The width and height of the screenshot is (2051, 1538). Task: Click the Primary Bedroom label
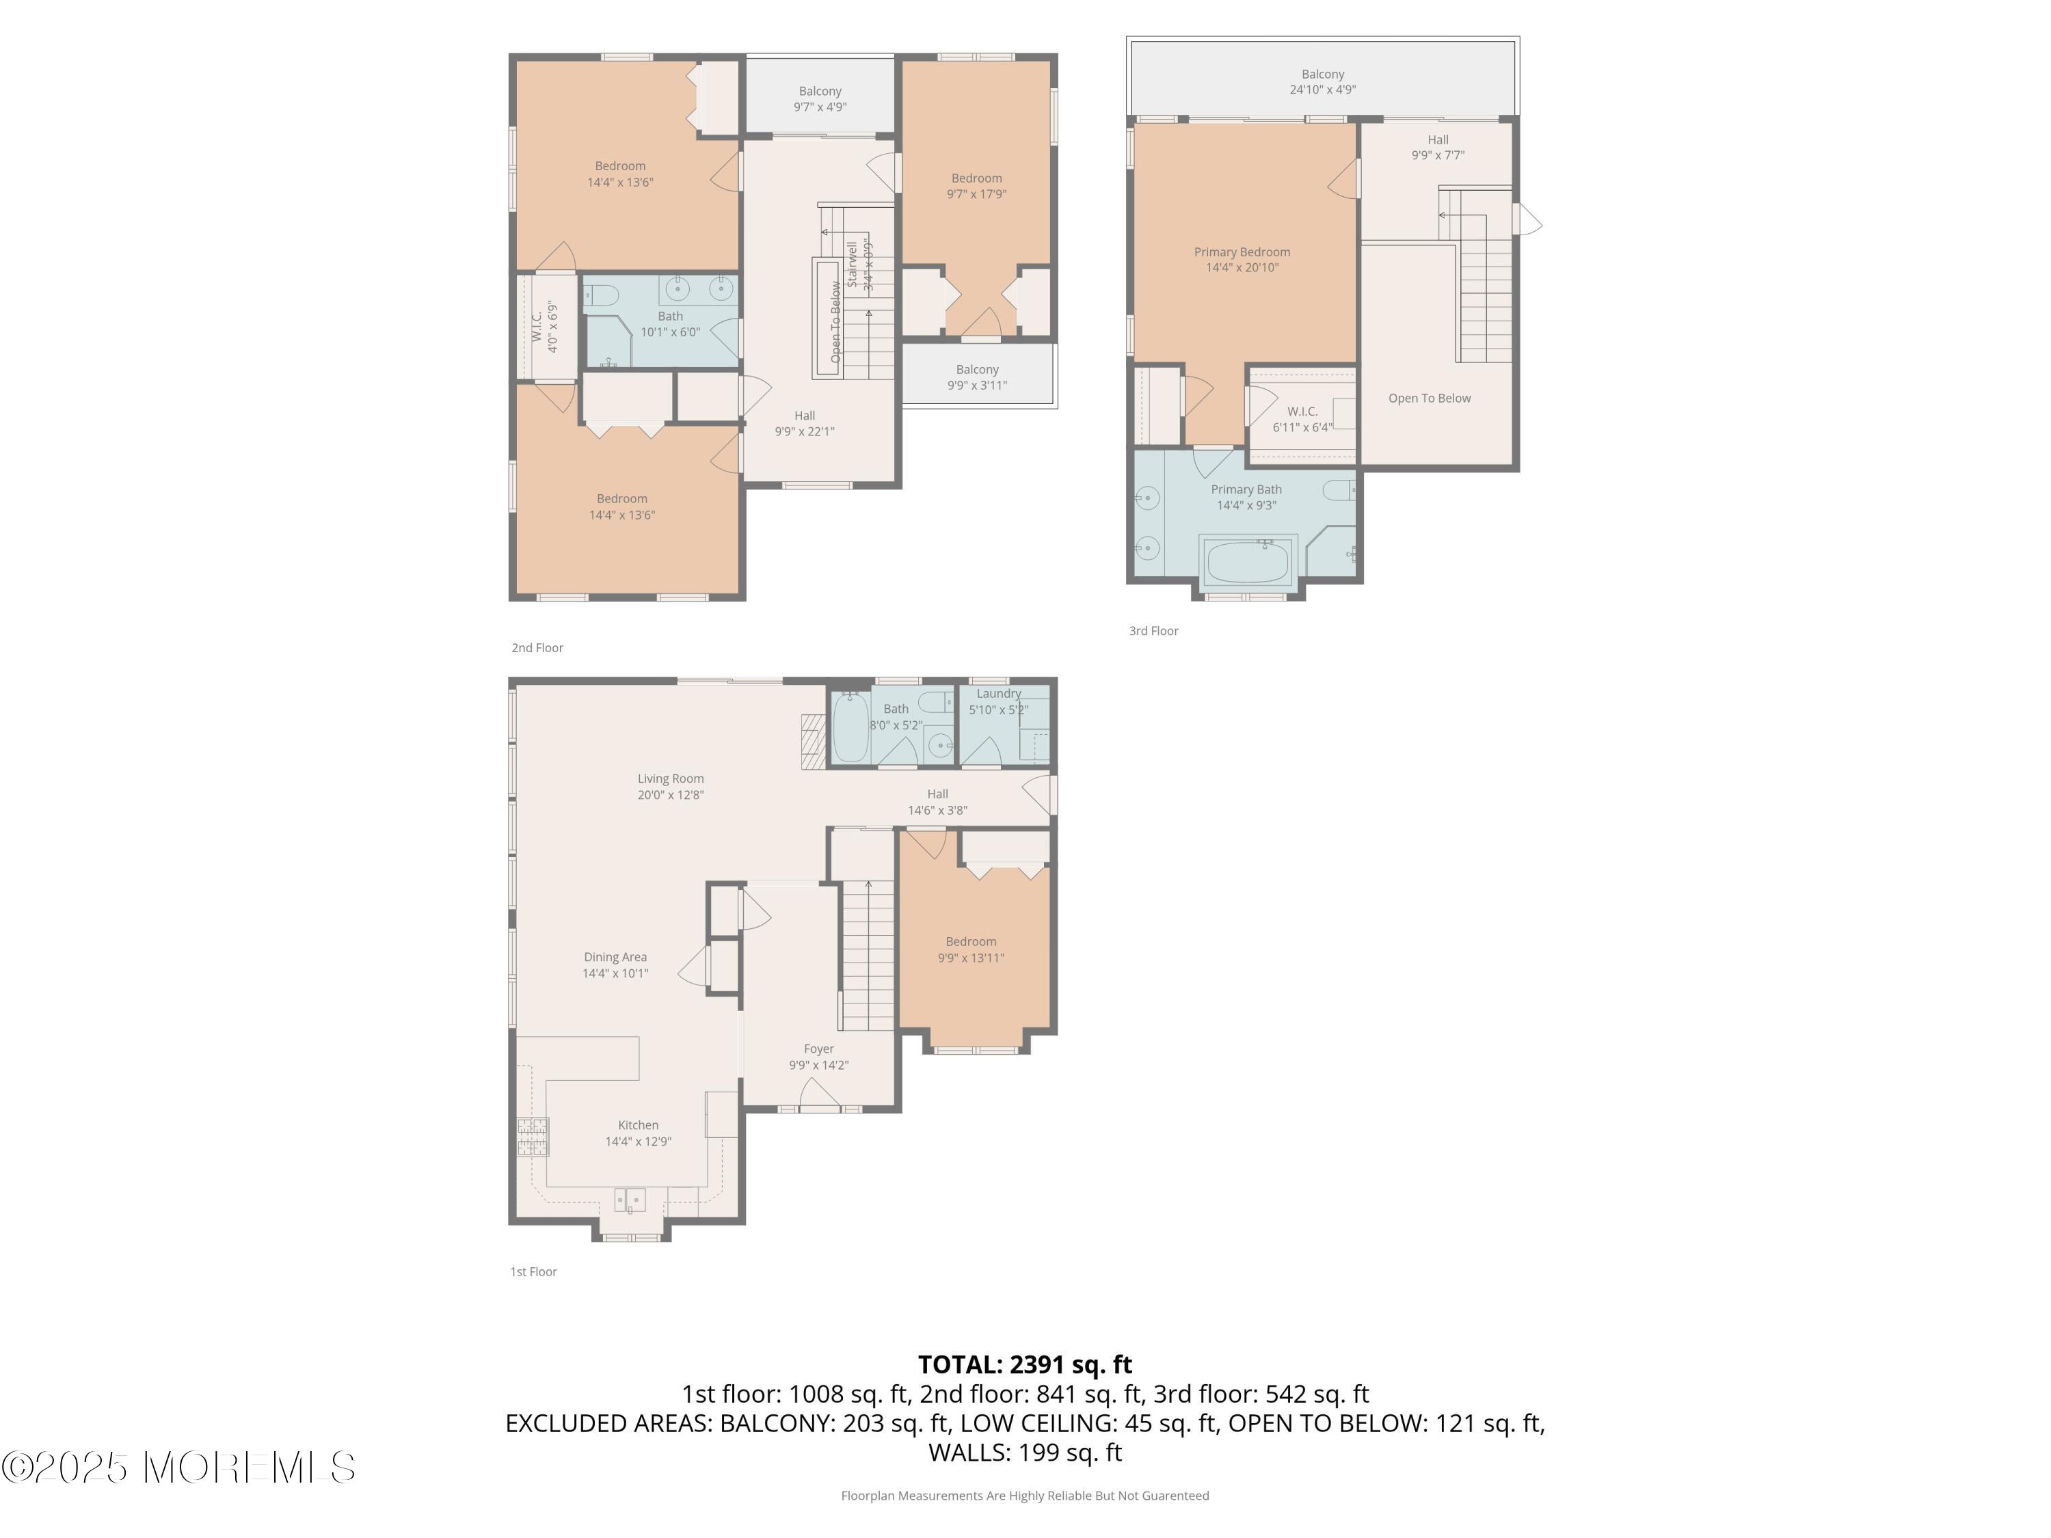pos(1242,260)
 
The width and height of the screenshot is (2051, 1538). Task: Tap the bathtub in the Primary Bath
pos(1247,562)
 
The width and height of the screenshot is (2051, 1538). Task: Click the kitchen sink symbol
pos(630,1200)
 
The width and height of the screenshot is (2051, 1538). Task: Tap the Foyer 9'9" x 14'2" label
pos(819,1057)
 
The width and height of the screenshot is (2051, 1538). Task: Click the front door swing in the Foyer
pos(820,1094)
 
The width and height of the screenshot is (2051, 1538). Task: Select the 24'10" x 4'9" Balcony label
pos(1322,81)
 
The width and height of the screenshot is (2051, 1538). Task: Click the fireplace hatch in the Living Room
pos(813,741)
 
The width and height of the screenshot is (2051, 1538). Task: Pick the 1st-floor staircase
pos(868,955)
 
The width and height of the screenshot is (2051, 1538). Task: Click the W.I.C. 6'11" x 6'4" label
pos(1302,419)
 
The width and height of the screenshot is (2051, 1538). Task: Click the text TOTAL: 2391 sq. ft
pos(1025,1364)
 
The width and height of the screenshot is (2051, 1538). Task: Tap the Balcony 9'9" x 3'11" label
pos(977,377)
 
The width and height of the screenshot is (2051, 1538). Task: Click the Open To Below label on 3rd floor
pos(1429,399)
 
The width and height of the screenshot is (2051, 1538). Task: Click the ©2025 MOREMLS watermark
pos(178,1468)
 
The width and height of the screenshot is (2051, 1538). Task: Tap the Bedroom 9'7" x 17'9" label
pos(976,185)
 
